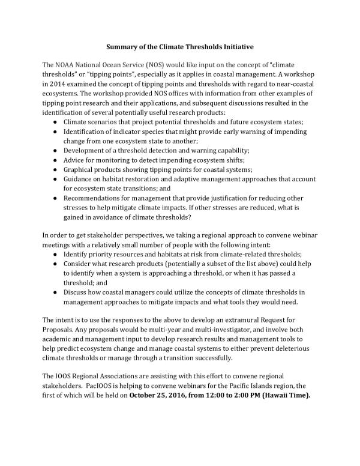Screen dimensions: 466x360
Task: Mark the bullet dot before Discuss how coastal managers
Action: (56, 292)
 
